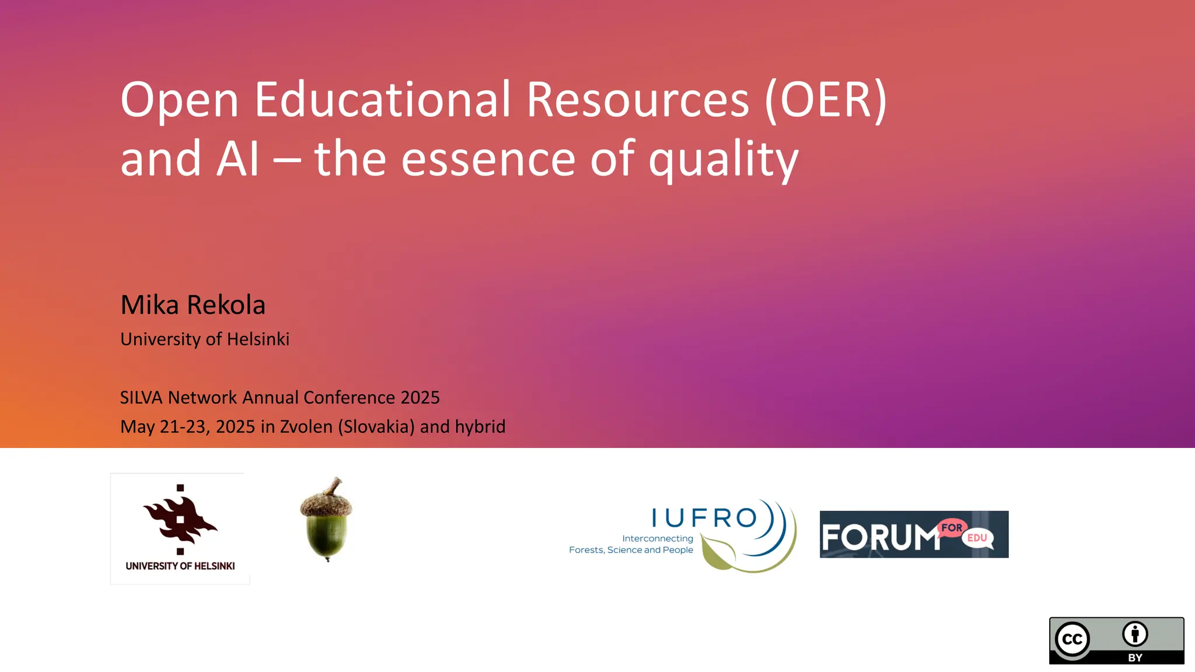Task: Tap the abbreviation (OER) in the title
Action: point(826,100)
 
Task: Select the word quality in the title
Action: point(723,159)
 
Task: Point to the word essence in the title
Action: point(488,159)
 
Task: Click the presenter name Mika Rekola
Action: point(193,304)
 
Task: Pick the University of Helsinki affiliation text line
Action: point(204,339)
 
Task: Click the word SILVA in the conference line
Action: point(141,397)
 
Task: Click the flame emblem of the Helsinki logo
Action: point(180,518)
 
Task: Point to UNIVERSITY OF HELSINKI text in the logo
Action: point(180,566)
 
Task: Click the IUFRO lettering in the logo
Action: point(704,517)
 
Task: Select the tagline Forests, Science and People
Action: point(631,549)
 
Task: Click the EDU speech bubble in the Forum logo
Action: point(977,538)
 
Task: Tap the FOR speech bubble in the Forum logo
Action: point(952,527)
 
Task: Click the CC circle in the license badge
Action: point(1072,639)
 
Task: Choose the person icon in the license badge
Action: point(1135,634)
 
